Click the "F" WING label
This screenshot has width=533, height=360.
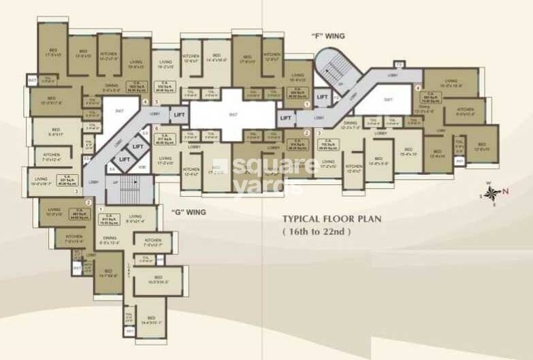tap(329, 35)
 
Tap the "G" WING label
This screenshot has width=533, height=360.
tap(188, 212)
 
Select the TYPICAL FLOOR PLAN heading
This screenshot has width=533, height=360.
tap(332, 219)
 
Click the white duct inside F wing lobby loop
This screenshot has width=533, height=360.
tap(388, 100)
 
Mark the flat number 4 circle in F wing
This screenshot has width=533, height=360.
tap(418, 88)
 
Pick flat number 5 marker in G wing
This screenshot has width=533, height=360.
tap(157, 103)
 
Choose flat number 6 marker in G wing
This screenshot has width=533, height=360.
tap(157, 128)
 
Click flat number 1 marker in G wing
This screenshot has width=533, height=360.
tap(100, 209)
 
